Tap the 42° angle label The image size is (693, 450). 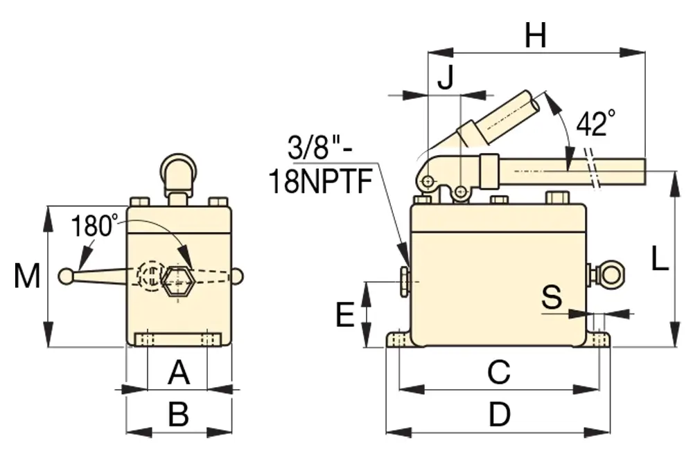click(595, 125)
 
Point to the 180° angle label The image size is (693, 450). click(96, 226)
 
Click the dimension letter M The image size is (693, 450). click(27, 276)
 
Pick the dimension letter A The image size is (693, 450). click(179, 374)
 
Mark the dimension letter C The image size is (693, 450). click(498, 372)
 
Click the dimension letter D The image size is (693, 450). click(499, 415)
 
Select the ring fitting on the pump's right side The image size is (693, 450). click(611, 273)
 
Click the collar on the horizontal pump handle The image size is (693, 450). click(489, 170)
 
